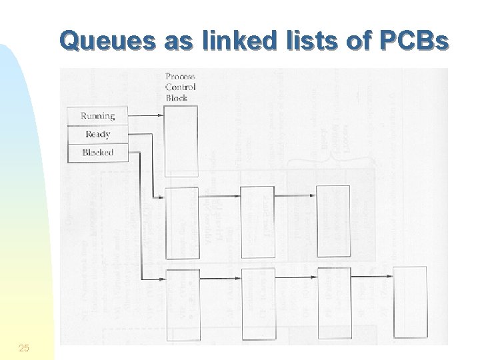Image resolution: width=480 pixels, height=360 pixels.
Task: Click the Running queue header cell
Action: (x=97, y=116)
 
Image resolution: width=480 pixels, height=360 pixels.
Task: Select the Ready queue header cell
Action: (x=97, y=134)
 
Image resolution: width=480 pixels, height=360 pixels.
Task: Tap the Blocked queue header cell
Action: (x=97, y=153)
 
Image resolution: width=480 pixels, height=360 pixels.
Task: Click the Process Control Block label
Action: (x=181, y=87)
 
